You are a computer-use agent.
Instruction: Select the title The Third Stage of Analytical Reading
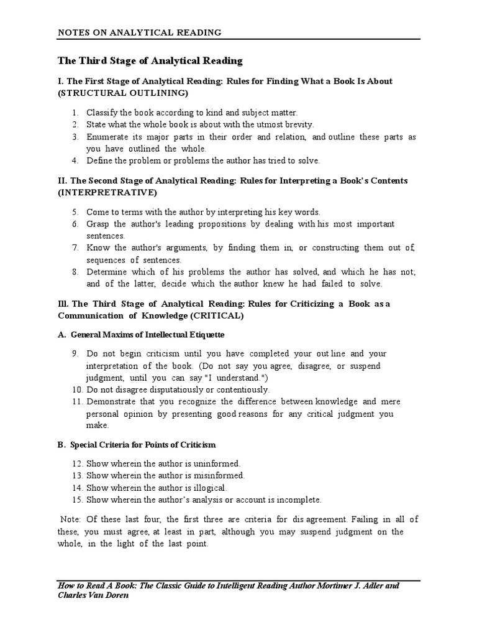pyautogui.click(x=150, y=61)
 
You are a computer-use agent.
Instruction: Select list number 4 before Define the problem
pyautogui.click(x=74, y=160)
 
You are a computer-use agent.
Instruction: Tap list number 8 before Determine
pyautogui.click(x=74, y=272)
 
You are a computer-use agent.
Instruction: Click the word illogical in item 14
pyautogui.click(x=207, y=488)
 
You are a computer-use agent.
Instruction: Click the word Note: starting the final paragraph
pyautogui.click(x=71, y=519)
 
